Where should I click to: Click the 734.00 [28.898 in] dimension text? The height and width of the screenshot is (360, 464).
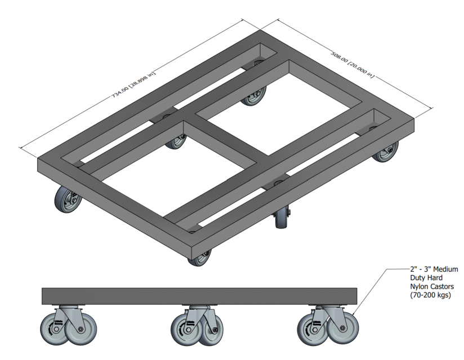tap(133, 84)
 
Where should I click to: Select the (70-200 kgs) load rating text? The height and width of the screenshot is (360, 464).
tap(431, 295)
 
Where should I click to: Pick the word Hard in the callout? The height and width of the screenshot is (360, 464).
tap(434, 278)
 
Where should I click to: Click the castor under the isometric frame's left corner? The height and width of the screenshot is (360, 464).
tap(67, 200)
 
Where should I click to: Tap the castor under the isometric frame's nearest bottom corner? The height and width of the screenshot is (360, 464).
tap(198, 257)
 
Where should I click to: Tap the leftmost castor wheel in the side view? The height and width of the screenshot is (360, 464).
tap(53, 328)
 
